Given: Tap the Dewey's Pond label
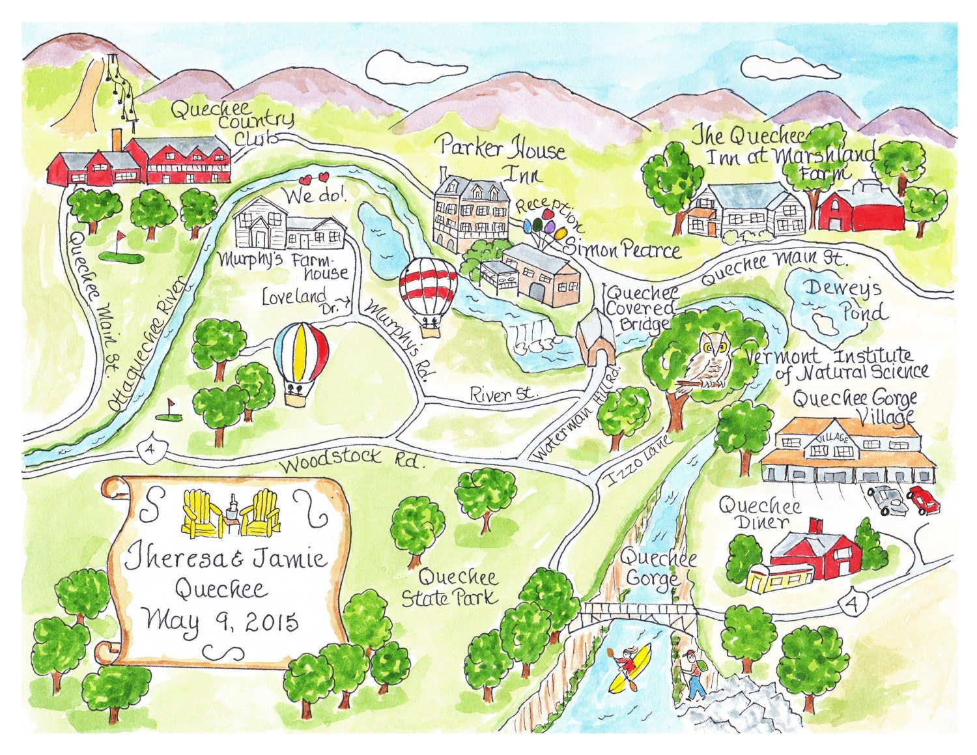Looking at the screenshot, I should pos(843,300).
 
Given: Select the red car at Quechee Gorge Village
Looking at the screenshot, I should pos(924,499).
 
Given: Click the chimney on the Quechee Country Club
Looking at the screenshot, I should pos(117,140).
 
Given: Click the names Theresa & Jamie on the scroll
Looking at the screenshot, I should pos(226,560).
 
